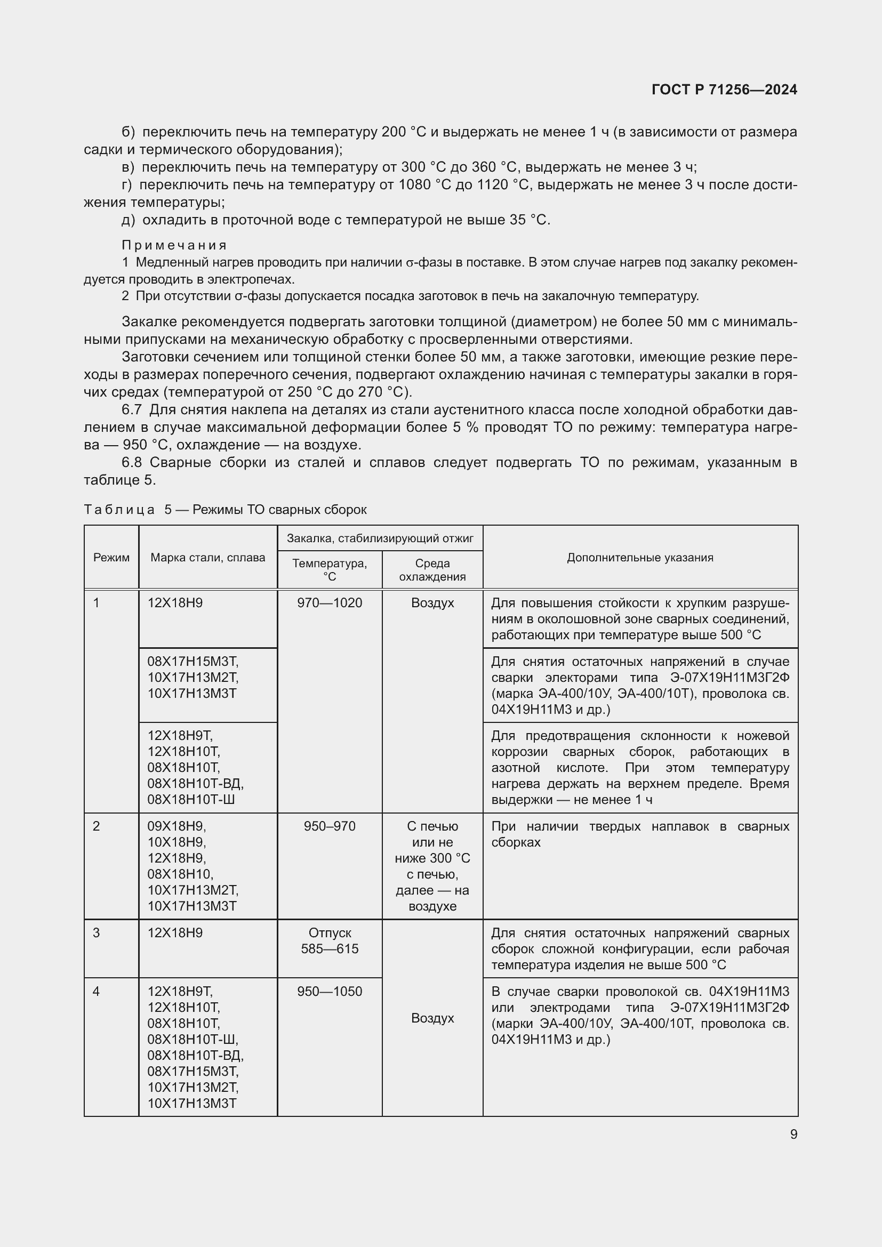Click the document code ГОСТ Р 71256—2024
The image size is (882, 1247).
724,90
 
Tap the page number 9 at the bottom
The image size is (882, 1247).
793,1134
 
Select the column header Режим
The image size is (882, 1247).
111,557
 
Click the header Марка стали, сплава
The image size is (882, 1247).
207,557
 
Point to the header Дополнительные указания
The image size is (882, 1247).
640,557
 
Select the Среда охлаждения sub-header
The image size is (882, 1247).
432,570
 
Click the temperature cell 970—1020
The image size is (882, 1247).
330,603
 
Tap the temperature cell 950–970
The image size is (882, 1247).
330,826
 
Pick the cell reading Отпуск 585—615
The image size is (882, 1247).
330,940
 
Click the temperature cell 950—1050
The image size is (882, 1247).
330,991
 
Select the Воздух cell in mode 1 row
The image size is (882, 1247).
432,603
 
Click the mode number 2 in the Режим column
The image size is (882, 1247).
97,826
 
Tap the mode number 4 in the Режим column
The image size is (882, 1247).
97,991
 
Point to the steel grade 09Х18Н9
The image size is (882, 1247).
177,826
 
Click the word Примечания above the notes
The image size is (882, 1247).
174,245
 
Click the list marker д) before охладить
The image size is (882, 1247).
128,220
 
